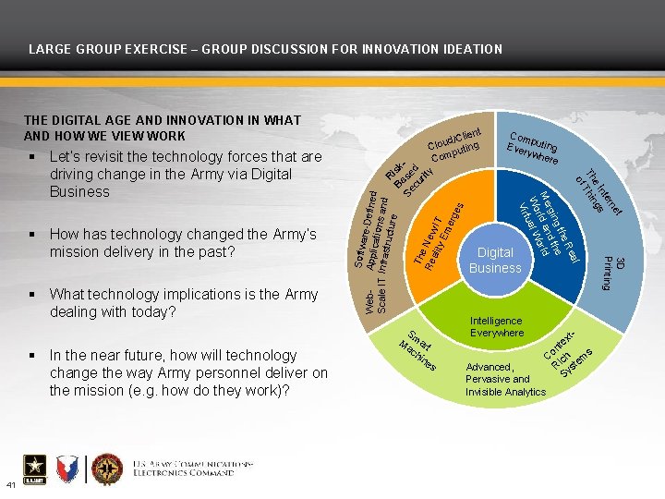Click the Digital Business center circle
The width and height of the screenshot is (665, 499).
click(x=494, y=261)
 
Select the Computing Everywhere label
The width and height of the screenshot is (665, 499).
click(x=532, y=142)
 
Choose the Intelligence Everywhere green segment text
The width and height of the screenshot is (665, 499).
click(x=496, y=326)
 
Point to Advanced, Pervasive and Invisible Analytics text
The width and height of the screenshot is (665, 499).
click(x=504, y=379)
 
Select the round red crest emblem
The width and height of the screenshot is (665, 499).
click(x=106, y=469)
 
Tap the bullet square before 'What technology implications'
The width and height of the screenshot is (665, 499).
click(x=33, y=295)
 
